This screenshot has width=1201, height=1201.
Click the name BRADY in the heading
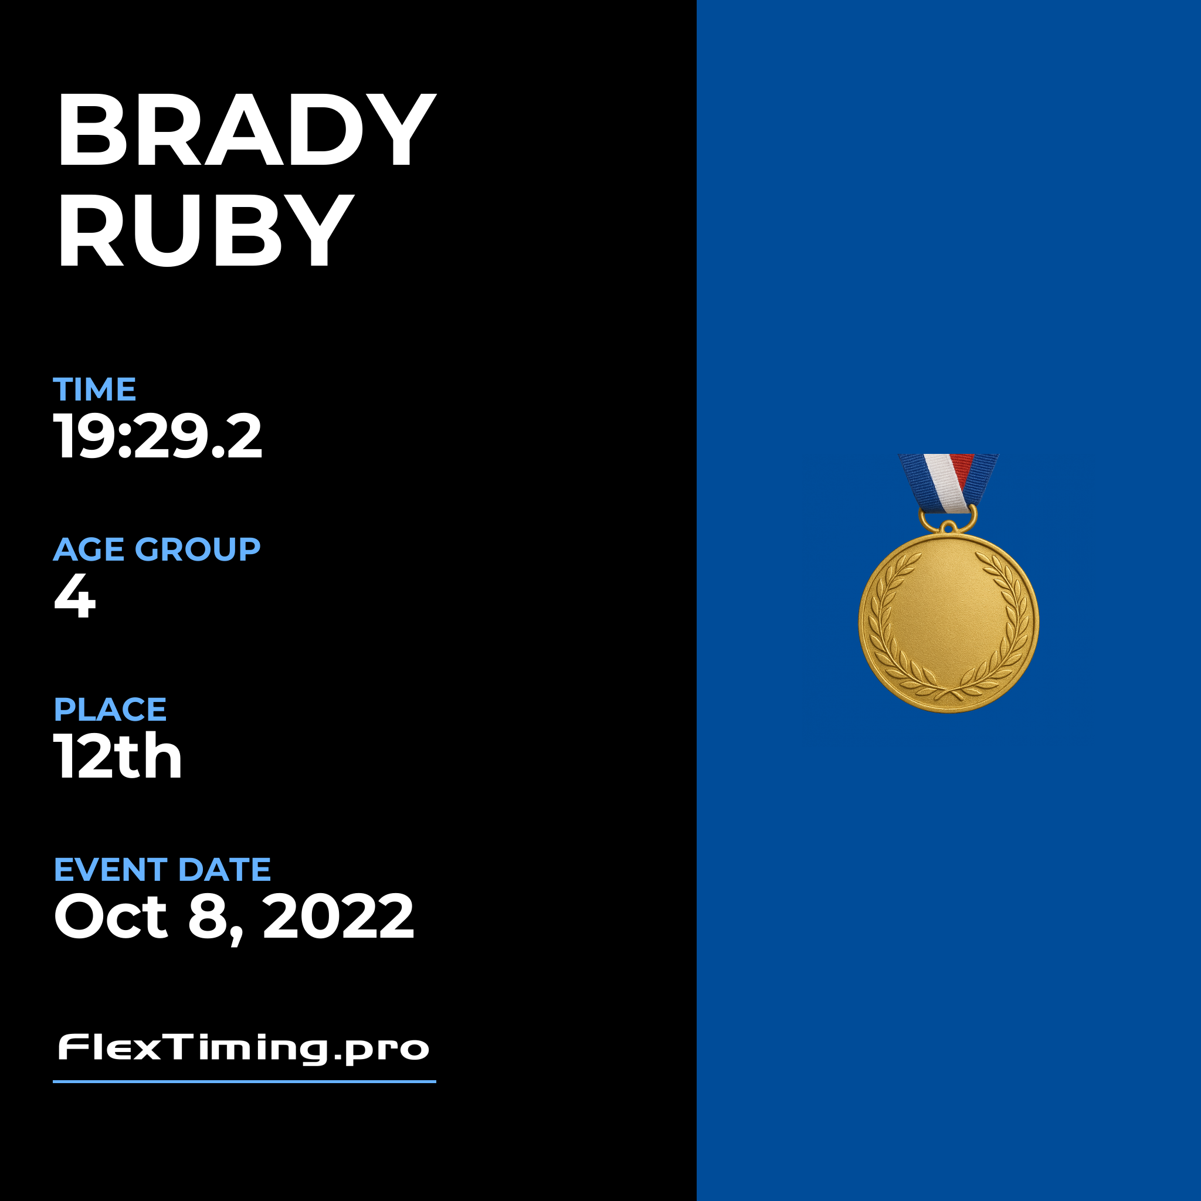pyautogui.click(x=246, y=130)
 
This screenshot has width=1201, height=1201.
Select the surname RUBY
pyautogui.click(x=205, y=229)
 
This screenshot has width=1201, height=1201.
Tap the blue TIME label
pyautogui.click(x=94, y=390)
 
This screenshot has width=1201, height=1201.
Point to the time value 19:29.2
pyautogui.click(x=158, y=436)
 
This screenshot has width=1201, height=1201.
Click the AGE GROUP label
pyautogui.click(x=157, y=549)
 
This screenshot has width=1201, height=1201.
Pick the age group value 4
pyautogui.click(x=75, y=596)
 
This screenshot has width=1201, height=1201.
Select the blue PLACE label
pyautogui.click(x=110, y=710)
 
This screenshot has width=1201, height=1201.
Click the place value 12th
pyautogui.click(x=118, y=755)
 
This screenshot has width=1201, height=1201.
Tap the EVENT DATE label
pyautogui.click(x=162, y=870)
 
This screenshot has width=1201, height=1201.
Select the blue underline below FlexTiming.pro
pyautogui.click(x=245, y=1081)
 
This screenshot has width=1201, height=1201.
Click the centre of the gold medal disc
pyautogui.click(x=949, y=622)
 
